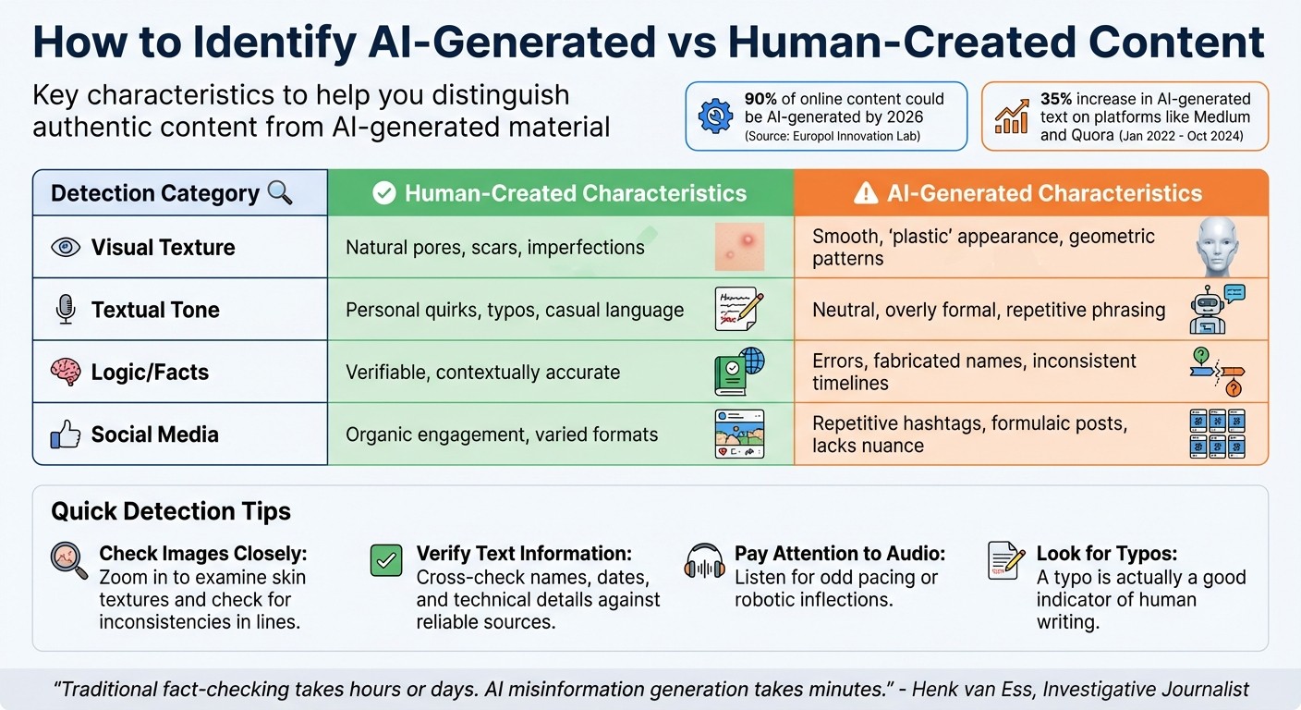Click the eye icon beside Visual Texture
[x=66, y=247]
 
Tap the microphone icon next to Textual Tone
[x=66, y=310]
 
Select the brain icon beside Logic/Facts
[x=66, y=372]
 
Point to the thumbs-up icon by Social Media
[x=66, y=435]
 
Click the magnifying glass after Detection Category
[x=279, y=192]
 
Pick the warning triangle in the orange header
[x=865, y=193]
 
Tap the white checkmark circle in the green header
[x=383, y=193]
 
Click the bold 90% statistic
[x=761, y=99]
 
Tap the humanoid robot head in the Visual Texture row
[x=1216, y=246]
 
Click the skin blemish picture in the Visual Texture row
[x=739, y=246]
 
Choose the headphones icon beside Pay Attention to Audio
[x=705, y=561]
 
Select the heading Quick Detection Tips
[x=171, y=511]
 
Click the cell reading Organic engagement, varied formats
[x=502, y=435]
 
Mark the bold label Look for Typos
[x=1106, y=554]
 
